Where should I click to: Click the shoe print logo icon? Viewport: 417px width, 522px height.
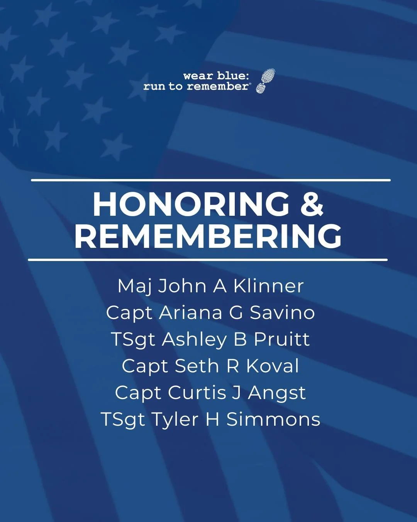pyautogui.click(x=266, y=81)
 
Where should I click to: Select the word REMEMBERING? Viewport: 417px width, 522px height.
pyautogui.click(x=208, y=236)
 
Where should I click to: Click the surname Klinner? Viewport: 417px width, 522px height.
pyautogui.click(x=268, y=286)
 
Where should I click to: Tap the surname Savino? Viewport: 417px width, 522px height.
pyautogui.click(x=282, y=312)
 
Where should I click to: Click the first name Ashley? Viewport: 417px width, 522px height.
pyautogui.click(x=194, y=339)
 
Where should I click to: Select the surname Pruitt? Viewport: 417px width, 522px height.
pyautogui.click(x=282, y=339)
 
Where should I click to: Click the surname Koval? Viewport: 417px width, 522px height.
pyautogui.click(x=273, y=366)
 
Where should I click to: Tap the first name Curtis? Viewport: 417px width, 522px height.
pyautogui.click(x=197, y=392)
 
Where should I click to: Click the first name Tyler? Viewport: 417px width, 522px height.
pyautogui.click(x=175, y=420)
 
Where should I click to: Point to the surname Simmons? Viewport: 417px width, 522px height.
pyautogui.click(x=273, y=419)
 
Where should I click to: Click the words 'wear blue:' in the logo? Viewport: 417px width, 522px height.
pyautogui.click(x=216, y=76)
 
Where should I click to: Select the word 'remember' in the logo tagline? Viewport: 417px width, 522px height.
pyautogui.click(x=218, y=86)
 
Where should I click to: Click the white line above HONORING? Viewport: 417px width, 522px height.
pyautogui.click(x=211, y=180)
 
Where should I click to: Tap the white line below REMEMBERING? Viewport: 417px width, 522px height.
pyautogui.click(x=208, y=260)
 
